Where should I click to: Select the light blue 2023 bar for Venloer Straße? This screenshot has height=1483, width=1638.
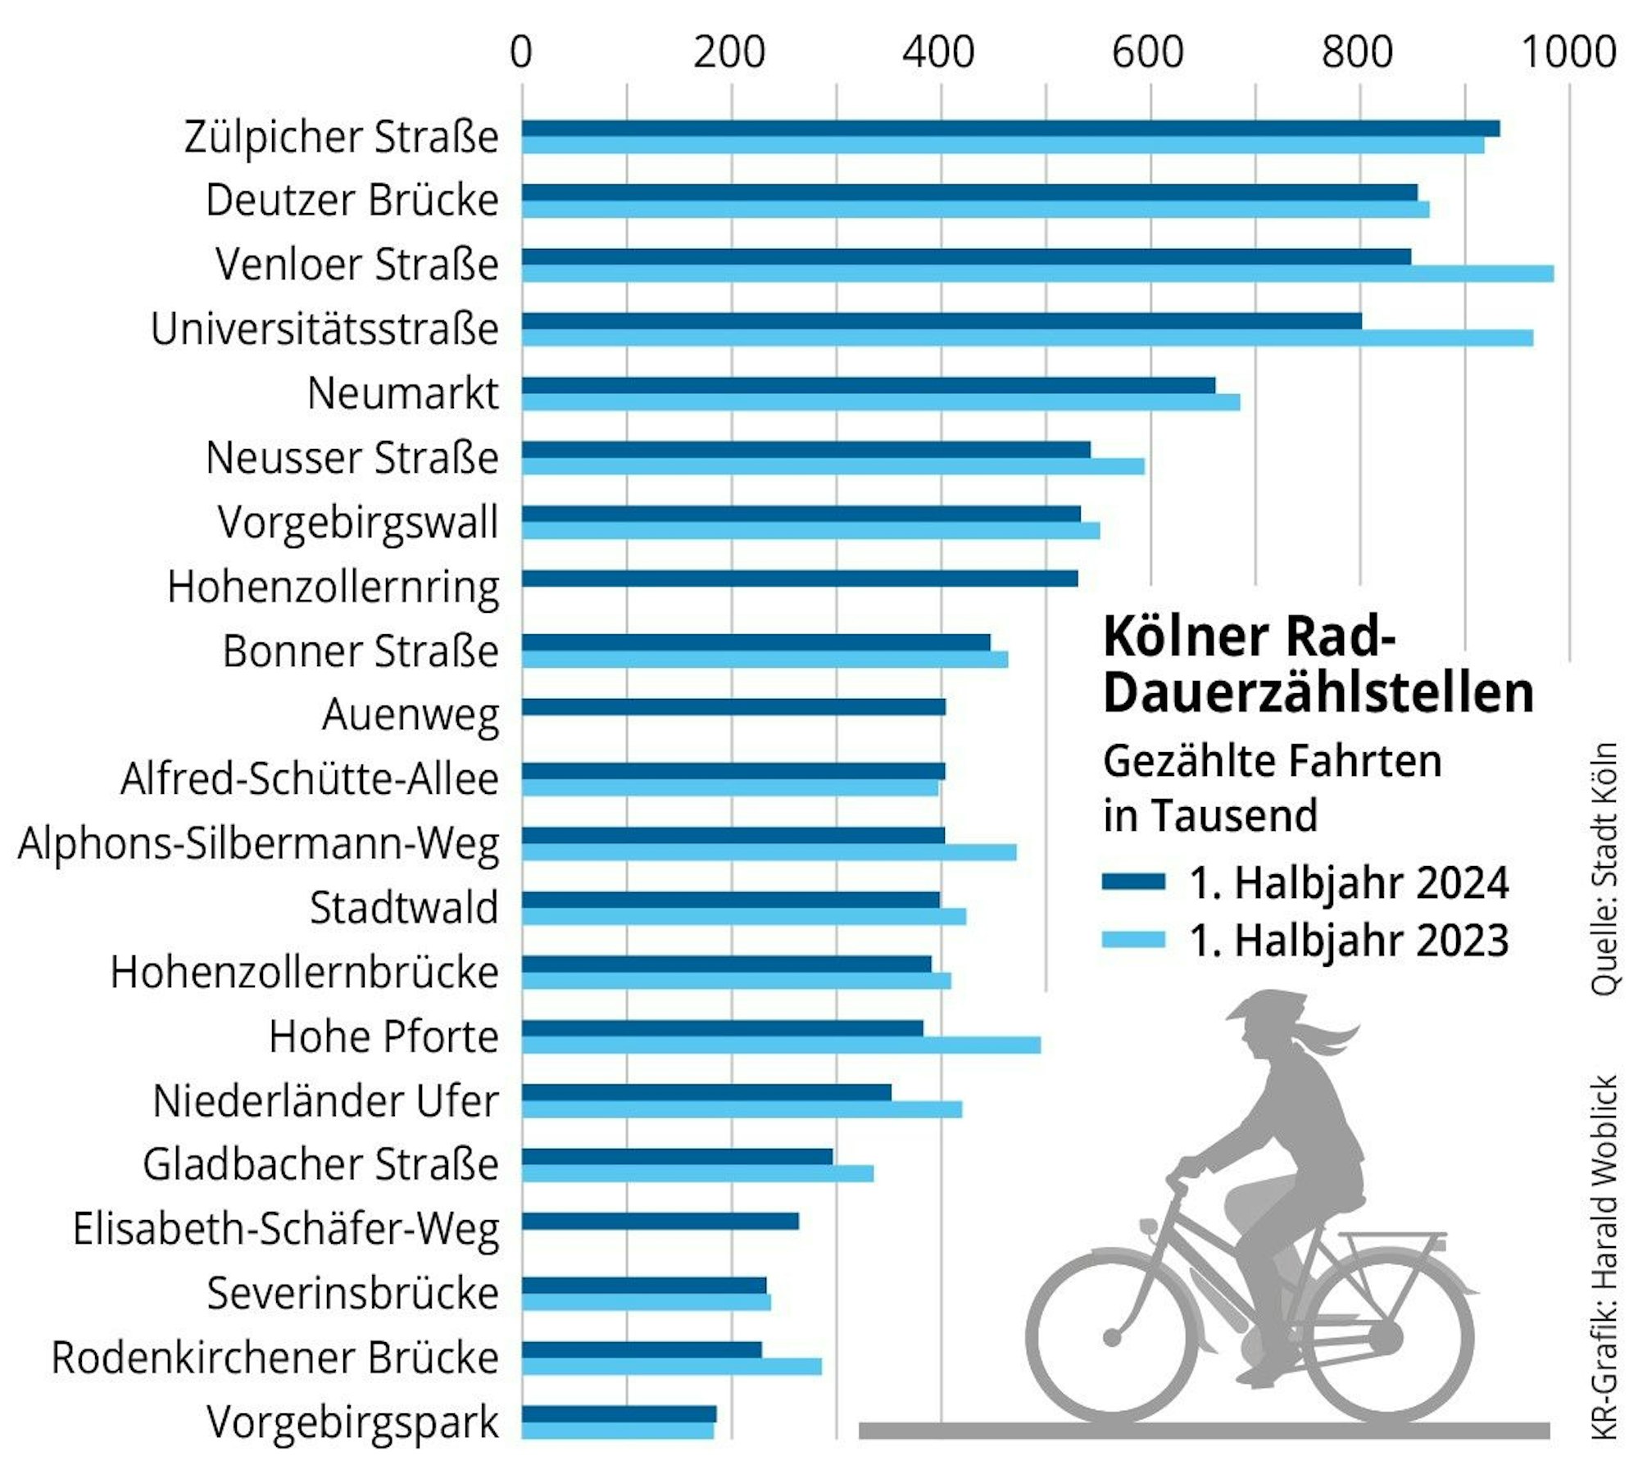[x=1037, y=274]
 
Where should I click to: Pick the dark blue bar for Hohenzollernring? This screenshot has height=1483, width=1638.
[x=799, y=578]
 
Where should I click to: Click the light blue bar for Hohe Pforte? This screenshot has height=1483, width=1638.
[x=780, y=1045]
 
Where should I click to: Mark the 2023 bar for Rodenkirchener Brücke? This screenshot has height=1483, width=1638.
[x=671, y=1366]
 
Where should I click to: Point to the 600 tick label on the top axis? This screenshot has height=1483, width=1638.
[x=1148, y=52]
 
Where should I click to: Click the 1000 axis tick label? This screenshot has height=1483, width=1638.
[x=1568, y=52]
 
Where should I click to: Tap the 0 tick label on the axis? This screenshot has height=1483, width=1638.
[x=521, y=52]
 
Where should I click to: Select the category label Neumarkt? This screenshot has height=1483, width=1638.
[x=402, y=393]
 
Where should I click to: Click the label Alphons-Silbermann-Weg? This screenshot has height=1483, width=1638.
[x=258, y=844]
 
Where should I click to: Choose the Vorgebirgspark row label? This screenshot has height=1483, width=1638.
[x=352, y=1422]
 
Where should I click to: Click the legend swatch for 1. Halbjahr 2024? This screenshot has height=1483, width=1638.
[x=1133, y=882]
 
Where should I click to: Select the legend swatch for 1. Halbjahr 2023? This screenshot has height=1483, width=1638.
[x=1133, y=940]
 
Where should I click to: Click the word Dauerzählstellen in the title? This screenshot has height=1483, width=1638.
[x=1318, y=693]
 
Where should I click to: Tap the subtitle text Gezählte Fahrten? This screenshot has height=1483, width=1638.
[x=1272, y=761]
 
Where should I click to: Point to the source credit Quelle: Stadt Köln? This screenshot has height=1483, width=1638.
[x=1604, y=868]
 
